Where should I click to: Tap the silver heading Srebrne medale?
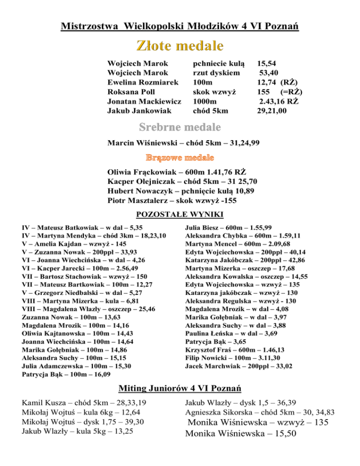[x=180, y=128]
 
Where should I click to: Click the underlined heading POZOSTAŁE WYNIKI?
[x=180, y=215]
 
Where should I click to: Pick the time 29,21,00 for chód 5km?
[x=272, y=111]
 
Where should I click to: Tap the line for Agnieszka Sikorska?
[x=260, y=413]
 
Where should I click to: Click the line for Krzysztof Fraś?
[x=235, y=350]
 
